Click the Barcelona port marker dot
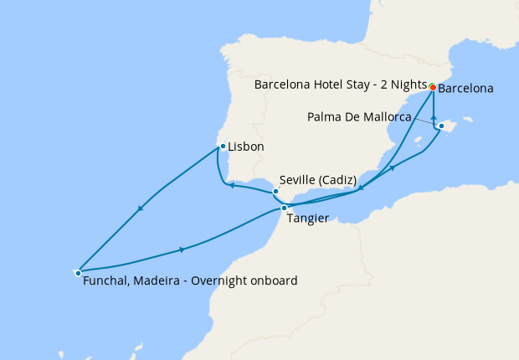pos(433,87)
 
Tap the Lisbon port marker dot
pos(222,147)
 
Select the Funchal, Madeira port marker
pos(78,272)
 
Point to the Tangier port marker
pos(285,208)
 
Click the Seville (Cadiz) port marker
pos(275,192)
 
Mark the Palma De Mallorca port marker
pos(441,126)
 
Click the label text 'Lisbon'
pos(246,147)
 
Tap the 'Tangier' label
pos(306,219)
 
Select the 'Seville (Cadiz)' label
pos(317,180)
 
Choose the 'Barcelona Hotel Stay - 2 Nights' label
pos(339,85)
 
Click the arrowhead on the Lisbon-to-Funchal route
pos(140,208)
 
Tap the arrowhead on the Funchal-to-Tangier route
pos(182,249)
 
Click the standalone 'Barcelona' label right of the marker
pos(465,88)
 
